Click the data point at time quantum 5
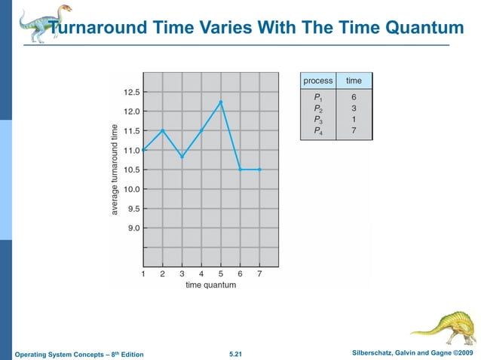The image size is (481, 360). [x=221, y=102]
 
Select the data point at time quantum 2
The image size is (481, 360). [x=163, y=130]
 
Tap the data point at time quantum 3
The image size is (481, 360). [x=182, y=157]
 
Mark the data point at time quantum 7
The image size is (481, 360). [x=259, y=169]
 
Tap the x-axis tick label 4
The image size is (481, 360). [x=201, y=274]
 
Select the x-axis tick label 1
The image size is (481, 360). [x=143, y=274]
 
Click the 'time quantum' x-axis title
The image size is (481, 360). [x=210, y=285]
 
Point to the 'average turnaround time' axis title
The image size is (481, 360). [x=115, y=169]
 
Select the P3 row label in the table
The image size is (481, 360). [x=318, y=119]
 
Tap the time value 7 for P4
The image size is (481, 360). [x=354, y=130]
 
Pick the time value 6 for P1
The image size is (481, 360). [x=354, y=97]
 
